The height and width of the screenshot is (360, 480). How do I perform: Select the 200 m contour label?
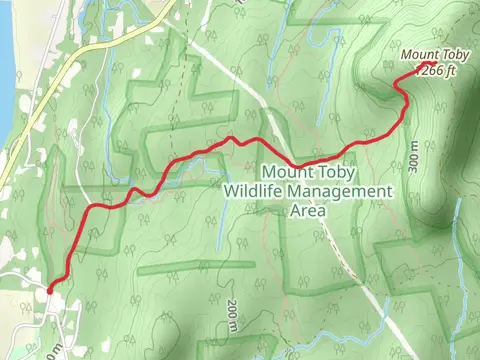coord(231,314)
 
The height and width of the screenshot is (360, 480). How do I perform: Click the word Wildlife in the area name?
coord(258,191)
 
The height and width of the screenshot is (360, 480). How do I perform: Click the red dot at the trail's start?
coord(49,290)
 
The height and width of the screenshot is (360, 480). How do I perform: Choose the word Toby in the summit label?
coord(461,55)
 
